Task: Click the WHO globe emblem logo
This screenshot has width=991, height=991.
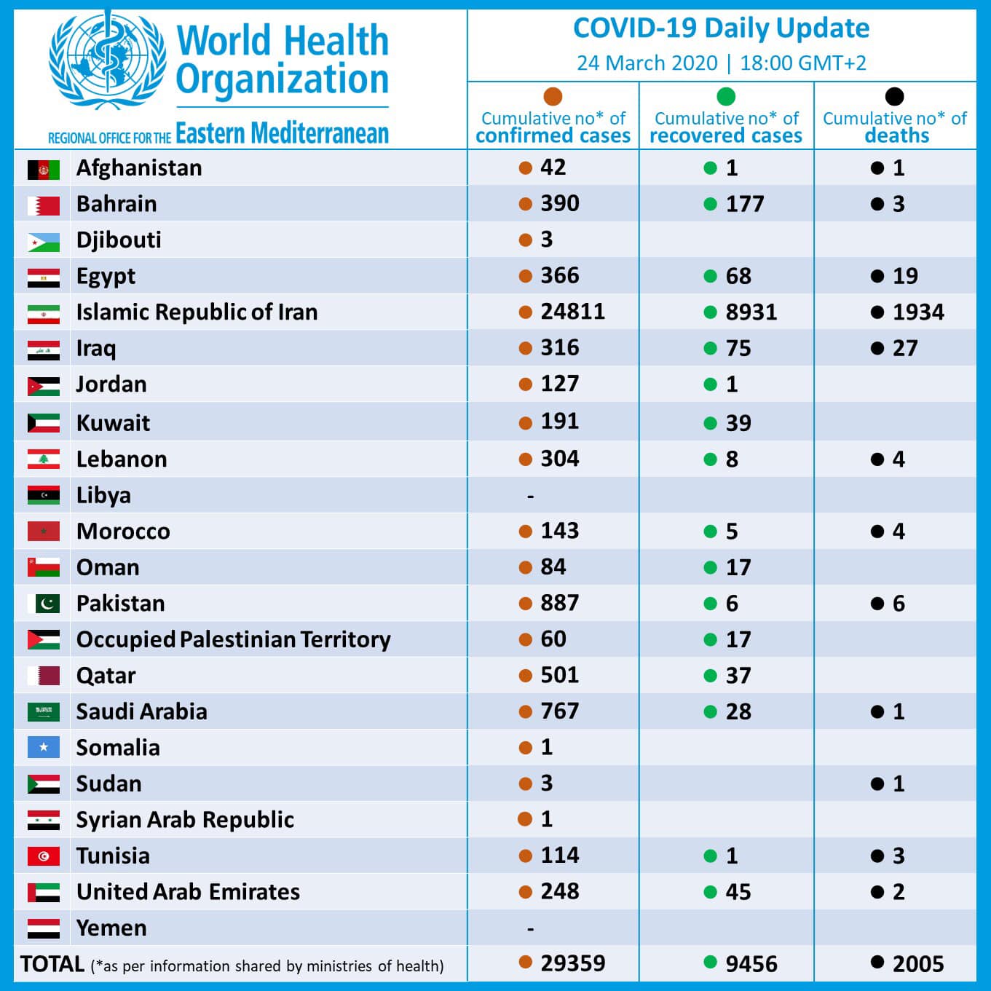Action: (x=108, y=60)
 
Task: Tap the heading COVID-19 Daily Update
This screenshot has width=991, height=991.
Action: (x=721, y=28)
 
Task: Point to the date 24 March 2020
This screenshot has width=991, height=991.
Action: (x=647, y=63)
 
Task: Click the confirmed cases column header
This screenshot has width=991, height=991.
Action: (x=553, y=127)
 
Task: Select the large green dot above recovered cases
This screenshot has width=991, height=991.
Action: (x=726, y=96)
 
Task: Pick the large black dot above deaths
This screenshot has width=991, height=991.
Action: (x=894, y=96)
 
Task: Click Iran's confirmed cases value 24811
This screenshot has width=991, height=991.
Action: (x=572, y=312)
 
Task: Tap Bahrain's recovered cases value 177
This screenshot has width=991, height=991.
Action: (x=745, y=204)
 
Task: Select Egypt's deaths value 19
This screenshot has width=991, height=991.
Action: (x=905, y=276)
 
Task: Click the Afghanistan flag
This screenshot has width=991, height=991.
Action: (x=44, y=170)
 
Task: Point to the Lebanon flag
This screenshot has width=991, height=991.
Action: (x=44, y=459)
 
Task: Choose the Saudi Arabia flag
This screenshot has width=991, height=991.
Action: (x=44, y=711)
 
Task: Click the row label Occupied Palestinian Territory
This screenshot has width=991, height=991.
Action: (x=234, y=640)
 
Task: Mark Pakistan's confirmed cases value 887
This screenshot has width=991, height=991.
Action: (x=559, y=603)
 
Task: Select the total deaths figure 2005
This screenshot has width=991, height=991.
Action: (x=918, y=964)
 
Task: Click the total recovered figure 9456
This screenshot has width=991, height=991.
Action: (x=751, y=964)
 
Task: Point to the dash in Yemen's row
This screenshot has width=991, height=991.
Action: (x=531, y=929)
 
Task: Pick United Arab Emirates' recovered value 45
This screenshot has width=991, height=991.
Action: (x=738, y=892)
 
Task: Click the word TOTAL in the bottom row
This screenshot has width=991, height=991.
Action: (x=52, y=964)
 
